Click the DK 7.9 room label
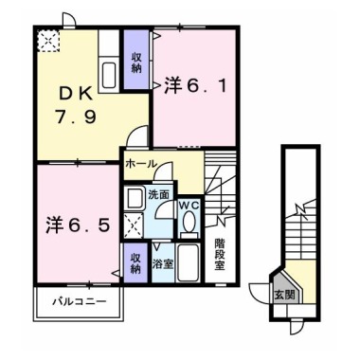76,105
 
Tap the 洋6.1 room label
195,85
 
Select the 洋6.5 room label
78,225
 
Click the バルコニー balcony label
80,301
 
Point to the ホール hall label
141,164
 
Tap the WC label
189,206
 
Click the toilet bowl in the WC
189,222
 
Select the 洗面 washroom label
158,195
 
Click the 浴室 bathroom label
163,264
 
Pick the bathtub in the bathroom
188,263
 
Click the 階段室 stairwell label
220,255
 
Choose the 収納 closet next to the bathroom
135,263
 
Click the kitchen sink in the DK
109,75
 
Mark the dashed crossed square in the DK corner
48,41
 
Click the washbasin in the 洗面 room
133,198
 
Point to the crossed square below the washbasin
134,225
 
